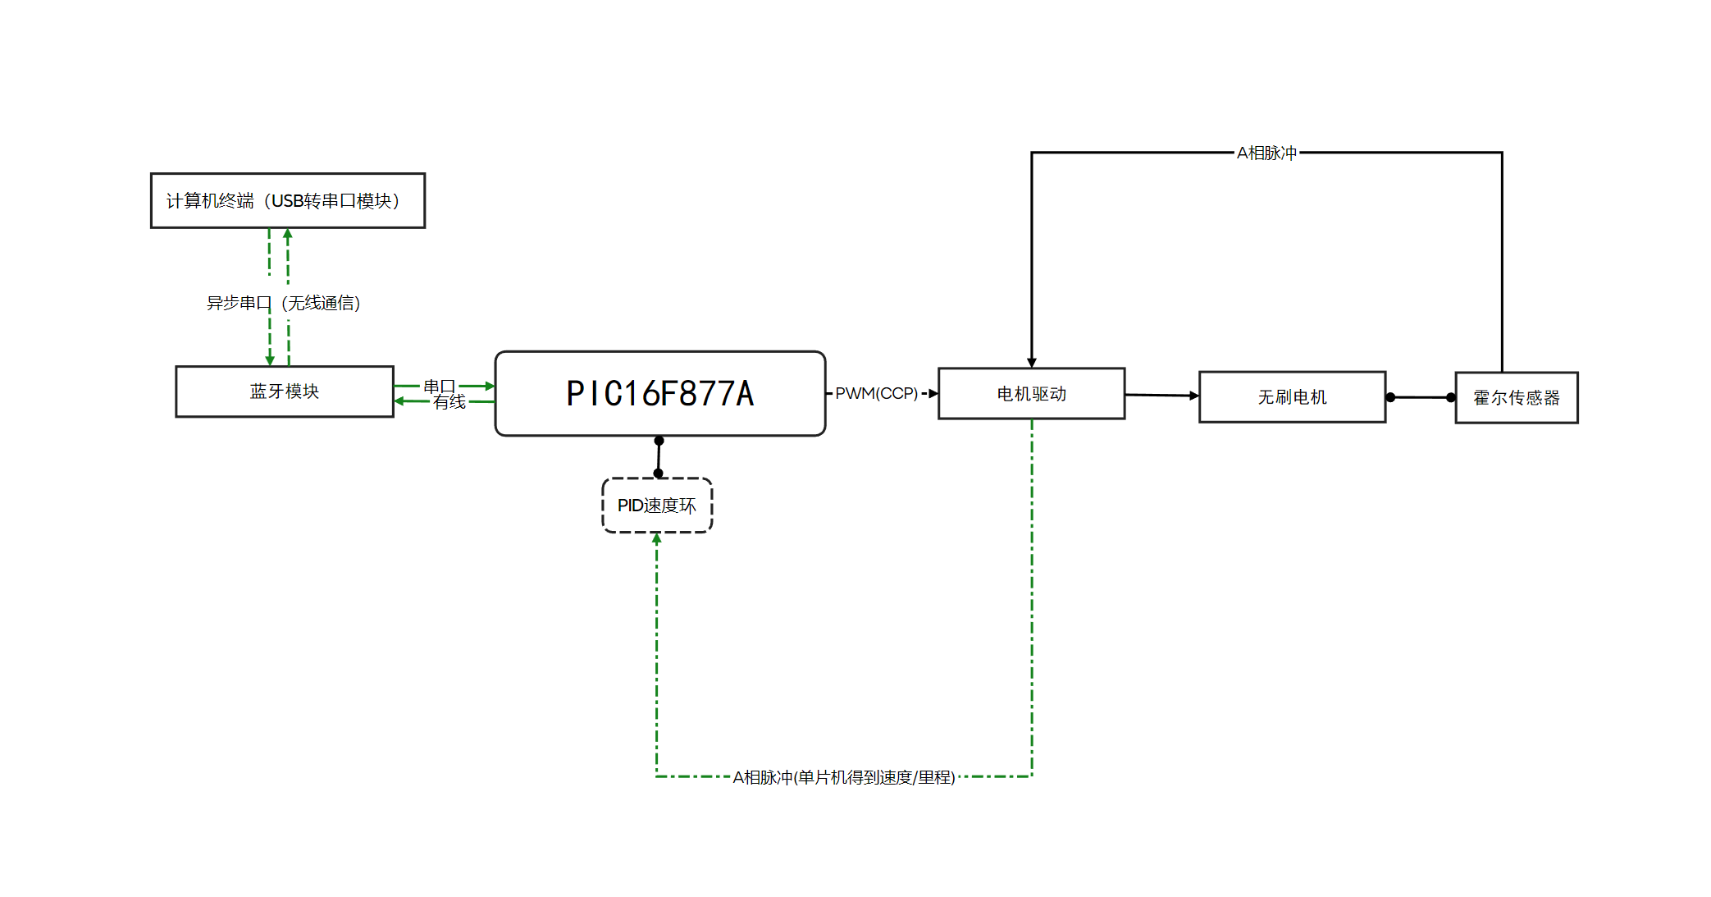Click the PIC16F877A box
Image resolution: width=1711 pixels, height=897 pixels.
point(659,393)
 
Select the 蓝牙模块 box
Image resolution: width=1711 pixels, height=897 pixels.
point(284,391)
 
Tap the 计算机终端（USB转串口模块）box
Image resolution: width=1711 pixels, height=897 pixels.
point(287,200)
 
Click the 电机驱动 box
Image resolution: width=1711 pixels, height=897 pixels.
point(1031,394)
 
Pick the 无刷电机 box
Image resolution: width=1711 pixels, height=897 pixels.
point(1292,397)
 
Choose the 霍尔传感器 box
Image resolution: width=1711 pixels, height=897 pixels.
point(1516,398)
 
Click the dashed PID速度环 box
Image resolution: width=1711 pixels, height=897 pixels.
point(657,506)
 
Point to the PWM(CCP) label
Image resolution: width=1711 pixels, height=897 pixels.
point(876,393)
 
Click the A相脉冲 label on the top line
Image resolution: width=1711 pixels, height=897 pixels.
point(1266,153)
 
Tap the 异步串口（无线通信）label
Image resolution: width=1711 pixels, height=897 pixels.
point(283,303)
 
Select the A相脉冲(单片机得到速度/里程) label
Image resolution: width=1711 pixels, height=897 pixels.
point(843,776)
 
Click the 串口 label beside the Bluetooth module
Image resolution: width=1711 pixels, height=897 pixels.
point(439,386)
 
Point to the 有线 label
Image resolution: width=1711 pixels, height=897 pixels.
point(449,402)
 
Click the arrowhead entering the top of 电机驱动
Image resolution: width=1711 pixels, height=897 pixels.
point(1032,362)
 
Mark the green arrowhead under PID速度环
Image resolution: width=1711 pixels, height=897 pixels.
point(657,539)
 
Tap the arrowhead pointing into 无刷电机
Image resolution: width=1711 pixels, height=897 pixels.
point(1194,396)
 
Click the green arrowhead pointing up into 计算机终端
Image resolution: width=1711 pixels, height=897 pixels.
point(288,234)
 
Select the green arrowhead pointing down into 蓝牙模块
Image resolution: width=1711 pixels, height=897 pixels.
point(270,359)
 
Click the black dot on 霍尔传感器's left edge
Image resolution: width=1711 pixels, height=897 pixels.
point(1451,397)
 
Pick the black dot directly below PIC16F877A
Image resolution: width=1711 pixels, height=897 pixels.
point(659,441)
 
